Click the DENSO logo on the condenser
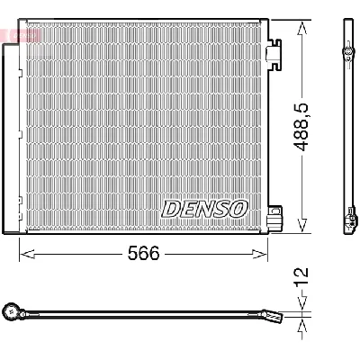(204, 209)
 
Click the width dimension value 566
(142, 254)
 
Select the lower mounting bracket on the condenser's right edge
(278, 217)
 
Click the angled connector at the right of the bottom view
(273, 316)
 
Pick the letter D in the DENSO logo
(171, 209)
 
